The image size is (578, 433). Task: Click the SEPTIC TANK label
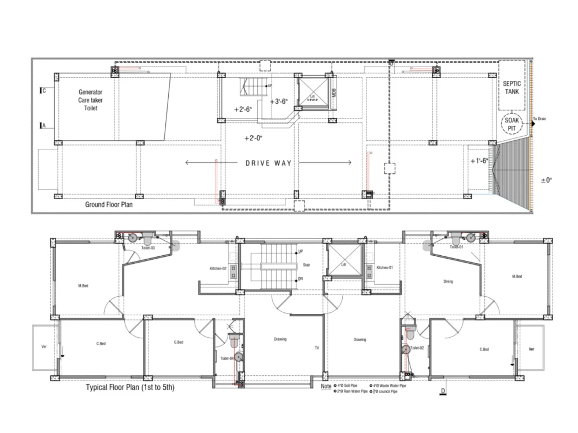[512, 88]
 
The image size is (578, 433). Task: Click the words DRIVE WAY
[269, 163]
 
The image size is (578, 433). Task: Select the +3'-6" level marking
[279, 102]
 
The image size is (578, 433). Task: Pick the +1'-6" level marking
[479, 160]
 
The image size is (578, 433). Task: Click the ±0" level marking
[546, 181]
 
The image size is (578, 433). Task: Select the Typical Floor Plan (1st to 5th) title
[130, 388]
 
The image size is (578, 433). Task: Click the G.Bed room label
[179, 342]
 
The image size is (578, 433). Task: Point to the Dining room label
[448, 282]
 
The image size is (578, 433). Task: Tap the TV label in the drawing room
[317, 348]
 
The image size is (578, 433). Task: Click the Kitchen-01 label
[384, 268]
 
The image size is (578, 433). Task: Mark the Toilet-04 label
[227, 359]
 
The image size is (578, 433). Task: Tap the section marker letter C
[45, 91]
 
